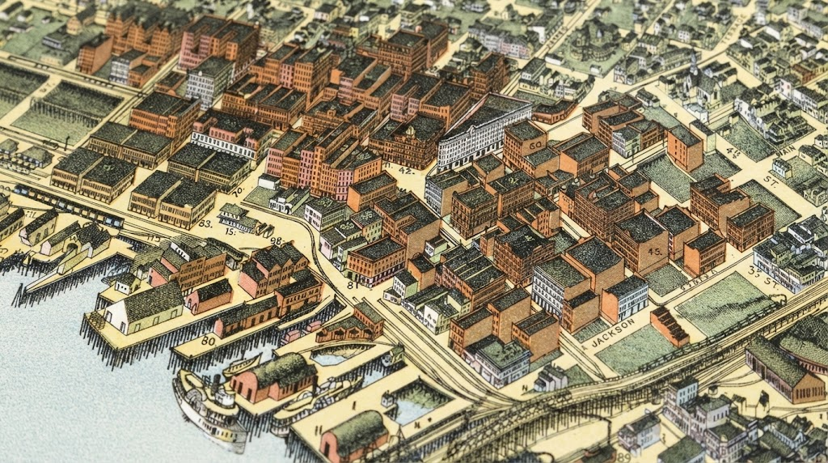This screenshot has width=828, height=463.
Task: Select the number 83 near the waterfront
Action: (205, 223)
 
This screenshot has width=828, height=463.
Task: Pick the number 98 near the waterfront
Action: (277, 241)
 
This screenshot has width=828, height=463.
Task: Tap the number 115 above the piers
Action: (152, 238)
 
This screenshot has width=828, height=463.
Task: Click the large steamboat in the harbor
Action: (209, 405)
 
